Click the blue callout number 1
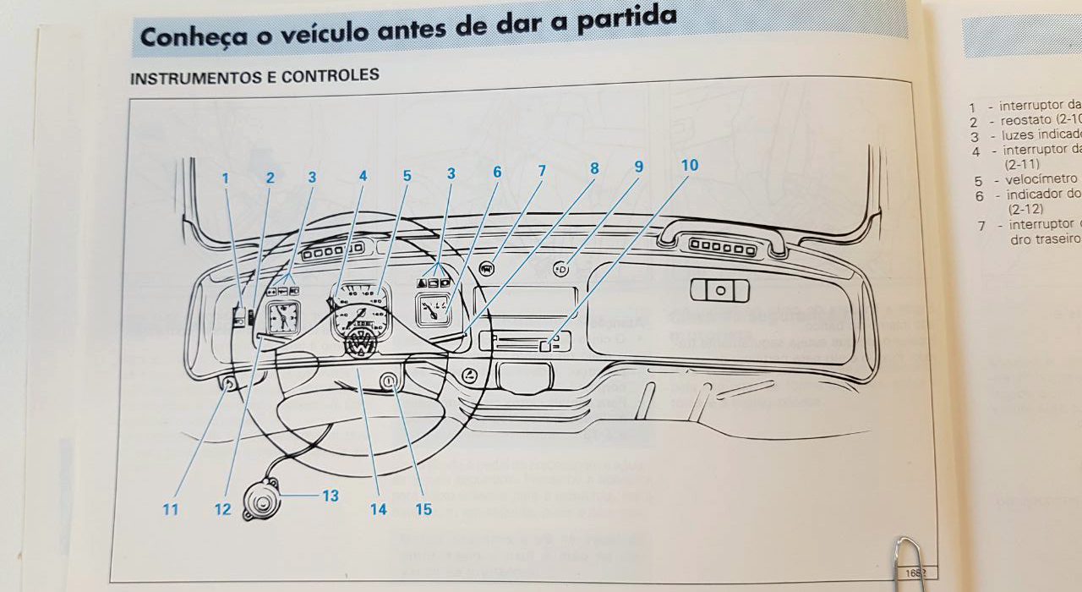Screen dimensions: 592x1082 226,178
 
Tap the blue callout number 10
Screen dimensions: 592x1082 690,165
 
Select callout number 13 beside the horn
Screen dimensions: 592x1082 330,496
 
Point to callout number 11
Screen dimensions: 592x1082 172,509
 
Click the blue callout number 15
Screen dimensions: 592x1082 424,509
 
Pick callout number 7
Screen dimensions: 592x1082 542,171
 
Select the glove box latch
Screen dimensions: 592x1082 719,290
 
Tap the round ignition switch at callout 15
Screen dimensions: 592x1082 388,382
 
